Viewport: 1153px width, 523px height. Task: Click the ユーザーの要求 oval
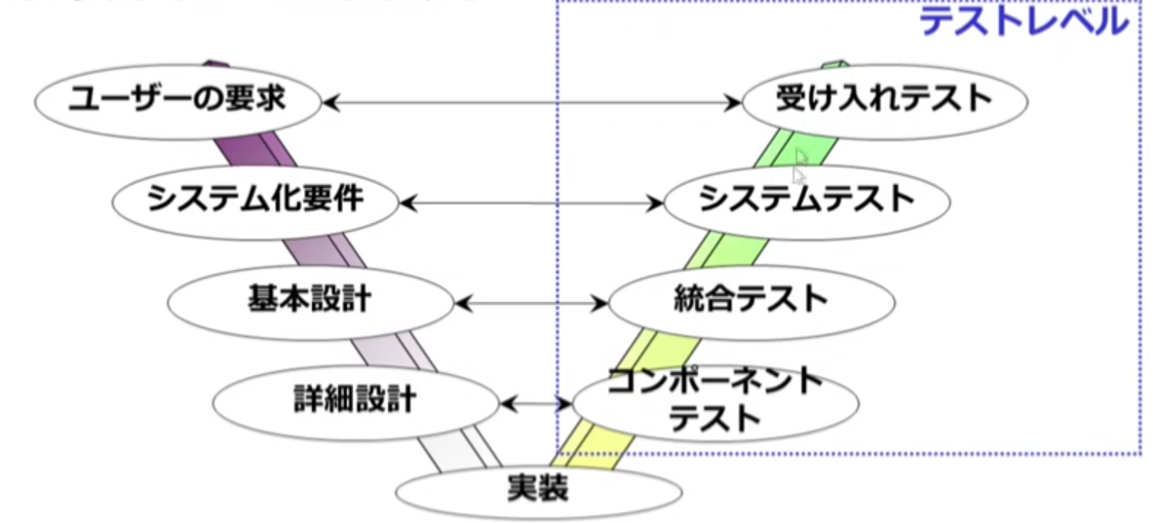pos(177,100)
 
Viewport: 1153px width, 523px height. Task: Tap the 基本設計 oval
pos(310,301)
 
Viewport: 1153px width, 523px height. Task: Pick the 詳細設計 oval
pos(355,400)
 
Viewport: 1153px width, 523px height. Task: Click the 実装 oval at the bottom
pos(537,489)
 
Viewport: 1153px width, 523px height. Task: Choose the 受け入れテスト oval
pos(883,100)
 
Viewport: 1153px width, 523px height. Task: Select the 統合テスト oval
pos(750,301)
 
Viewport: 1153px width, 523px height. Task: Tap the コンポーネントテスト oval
pos(715,400)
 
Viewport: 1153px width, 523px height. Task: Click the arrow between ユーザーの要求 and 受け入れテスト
pos(531,101)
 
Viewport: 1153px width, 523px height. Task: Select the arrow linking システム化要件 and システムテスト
pos(531,203)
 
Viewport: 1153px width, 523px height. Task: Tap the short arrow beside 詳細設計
pos(534,401)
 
